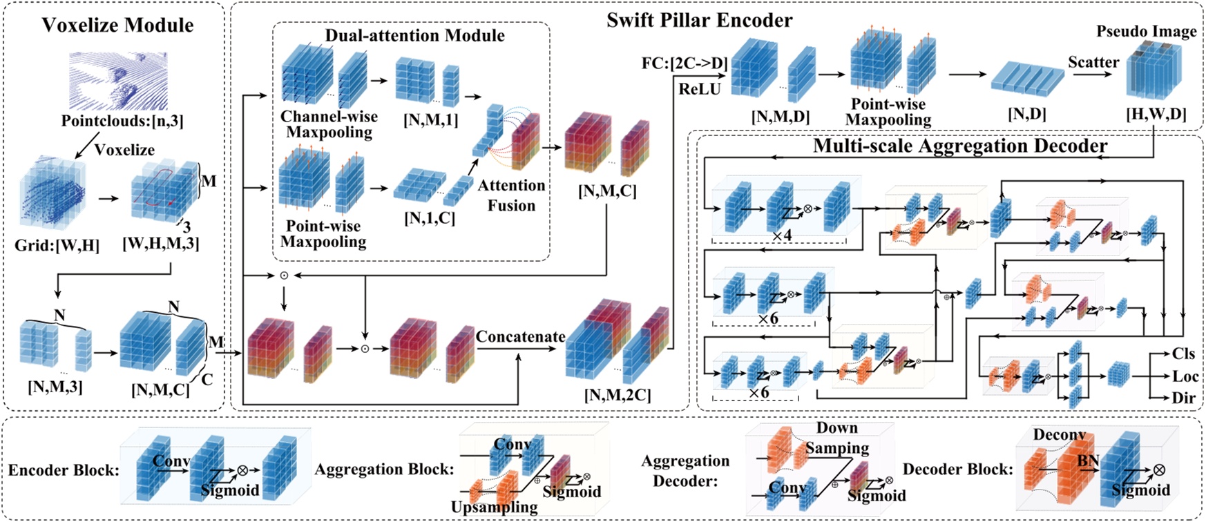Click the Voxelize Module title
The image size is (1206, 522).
pyautogui.click(x=117, y=26)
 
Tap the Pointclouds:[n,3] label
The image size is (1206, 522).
pyautogui.click(x=122, y=121)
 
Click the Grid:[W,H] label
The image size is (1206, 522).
pyautogui.click(x=57, y=245)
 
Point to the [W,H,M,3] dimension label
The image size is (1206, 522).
pyautogui.click(x=160, y=243)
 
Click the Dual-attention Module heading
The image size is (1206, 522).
pyautogui.click(x=414, y=36)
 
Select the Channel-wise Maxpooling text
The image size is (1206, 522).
pyautogui.click(x=329, y=124)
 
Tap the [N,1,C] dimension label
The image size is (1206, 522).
pyautogui.click(x=430, y=219)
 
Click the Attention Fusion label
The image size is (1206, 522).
pyautogui.click(x=511, y=195)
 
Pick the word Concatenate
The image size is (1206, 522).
pyautogui.click(x=520, y=337)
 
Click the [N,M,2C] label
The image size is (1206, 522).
pyautogui.click(x=617, y=395)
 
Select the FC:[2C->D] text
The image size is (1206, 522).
pyautogui.click(x=685, y=64)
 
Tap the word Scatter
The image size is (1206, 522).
pyautogui.click(x=1093, y=62)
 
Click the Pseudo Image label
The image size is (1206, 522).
pyautogui.click(x=1146, y=32)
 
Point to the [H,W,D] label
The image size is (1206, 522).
pyautogui.click(x=1156, y=114)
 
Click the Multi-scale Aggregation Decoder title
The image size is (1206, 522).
pyautogui.click(x=960, y=146)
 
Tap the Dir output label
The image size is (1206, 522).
pyautogui.click(x=1183, y=398)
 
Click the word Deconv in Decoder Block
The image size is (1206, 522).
pyautogui.click(x=1059, y=435)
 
